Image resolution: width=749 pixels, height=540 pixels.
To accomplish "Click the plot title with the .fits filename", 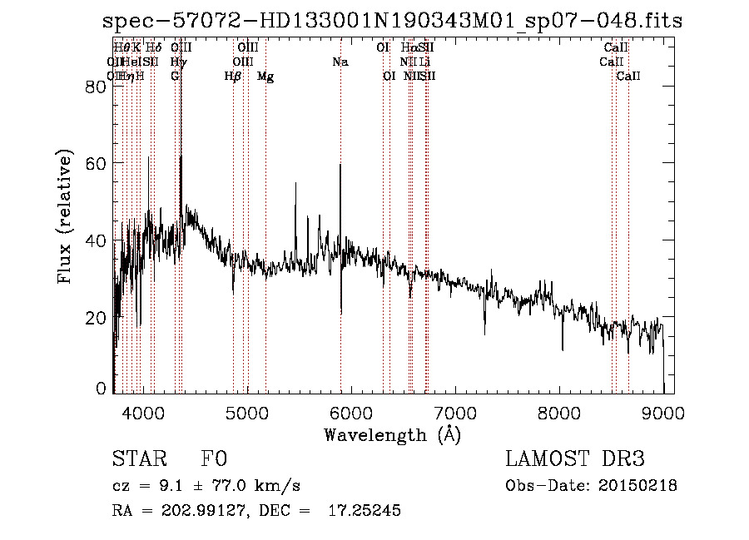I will pos(392,21).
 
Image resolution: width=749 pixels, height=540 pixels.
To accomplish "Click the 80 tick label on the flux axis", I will pos(97,87).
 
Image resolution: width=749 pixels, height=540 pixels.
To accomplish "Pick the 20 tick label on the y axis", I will pos(97,318).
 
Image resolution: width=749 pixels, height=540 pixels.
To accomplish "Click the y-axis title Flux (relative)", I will pos(65,216).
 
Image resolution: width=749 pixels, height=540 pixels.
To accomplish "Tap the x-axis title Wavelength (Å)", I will pos(392,434).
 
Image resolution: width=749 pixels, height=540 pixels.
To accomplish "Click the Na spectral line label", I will pos(340,62).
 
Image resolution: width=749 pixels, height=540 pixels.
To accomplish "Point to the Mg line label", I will pos(265,77).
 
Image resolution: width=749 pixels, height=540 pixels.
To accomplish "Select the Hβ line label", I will pos(233,77).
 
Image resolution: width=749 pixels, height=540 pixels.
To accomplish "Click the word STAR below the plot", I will pos(137,460).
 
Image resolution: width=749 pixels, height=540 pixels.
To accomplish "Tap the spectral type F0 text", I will pos(214,460).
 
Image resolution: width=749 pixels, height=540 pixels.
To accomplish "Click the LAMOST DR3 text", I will pos(575,460).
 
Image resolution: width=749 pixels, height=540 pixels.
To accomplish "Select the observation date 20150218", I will pos(641,486).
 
